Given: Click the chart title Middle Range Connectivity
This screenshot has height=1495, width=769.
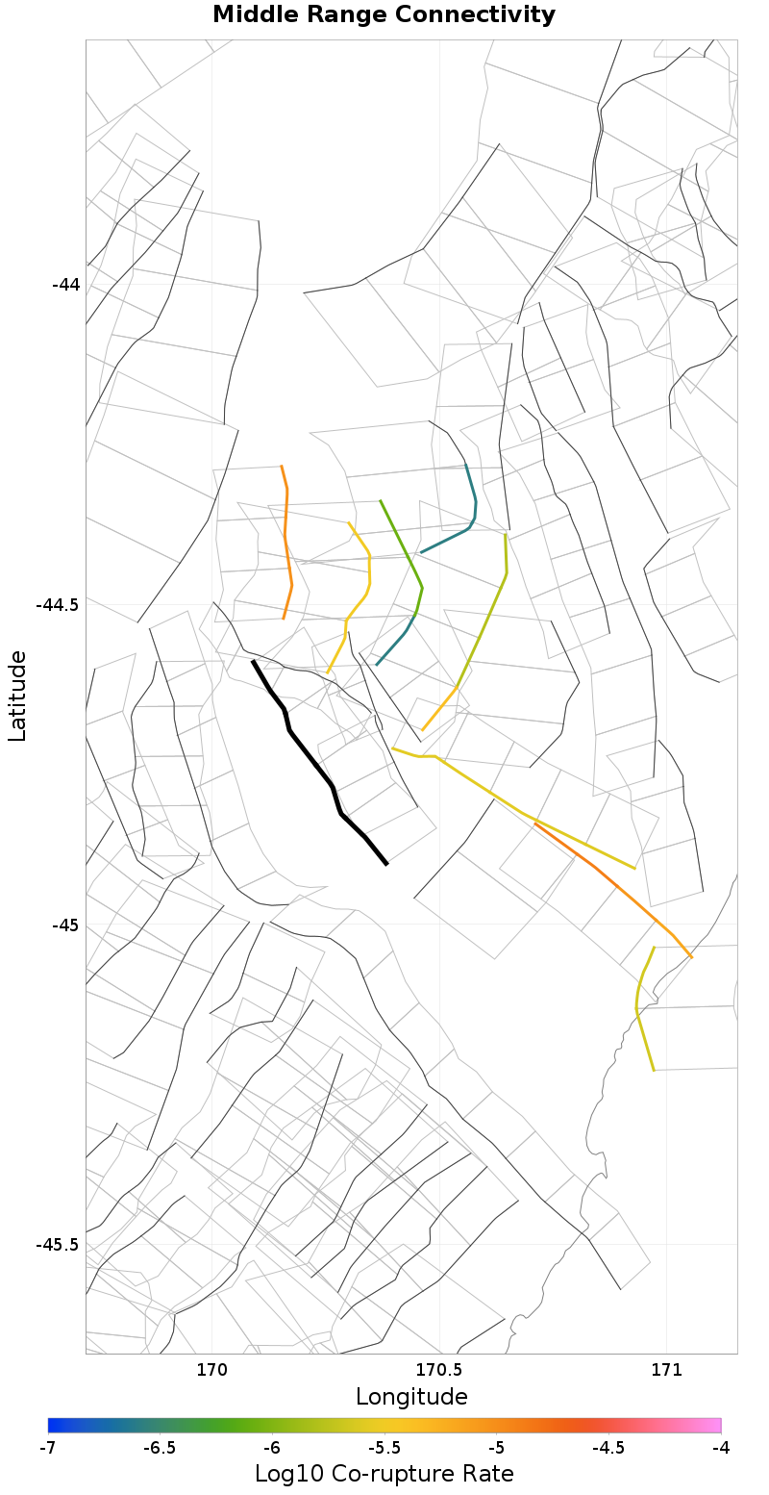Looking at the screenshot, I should pyautogui.click(x=384, y=15).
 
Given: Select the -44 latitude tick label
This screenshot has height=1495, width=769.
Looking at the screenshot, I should pyautogui.click(x=65, y=285).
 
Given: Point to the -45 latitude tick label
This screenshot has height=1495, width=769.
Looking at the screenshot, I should pyautogui.click(x=65, y=925).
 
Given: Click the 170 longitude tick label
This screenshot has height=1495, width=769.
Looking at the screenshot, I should pyautogui.click(x=211, y=1369).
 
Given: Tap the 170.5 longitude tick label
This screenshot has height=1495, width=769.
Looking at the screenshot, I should pyautogui.click(x=439, y=1369).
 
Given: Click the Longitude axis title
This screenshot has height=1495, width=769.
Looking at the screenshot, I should pyautogui.click(x=411, y=1397).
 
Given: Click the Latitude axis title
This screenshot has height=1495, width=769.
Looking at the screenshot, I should pyautogui.click(x=17, y=696).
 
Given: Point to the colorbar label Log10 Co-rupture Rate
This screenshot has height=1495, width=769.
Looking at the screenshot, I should pyautogui.click(x=384, y=1473).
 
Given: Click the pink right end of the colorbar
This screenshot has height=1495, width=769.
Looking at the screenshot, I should pyautogui.click(x=715, y=1426).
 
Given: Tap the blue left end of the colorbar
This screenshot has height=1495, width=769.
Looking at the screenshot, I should pyautogui.click(x=54, y=1426).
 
